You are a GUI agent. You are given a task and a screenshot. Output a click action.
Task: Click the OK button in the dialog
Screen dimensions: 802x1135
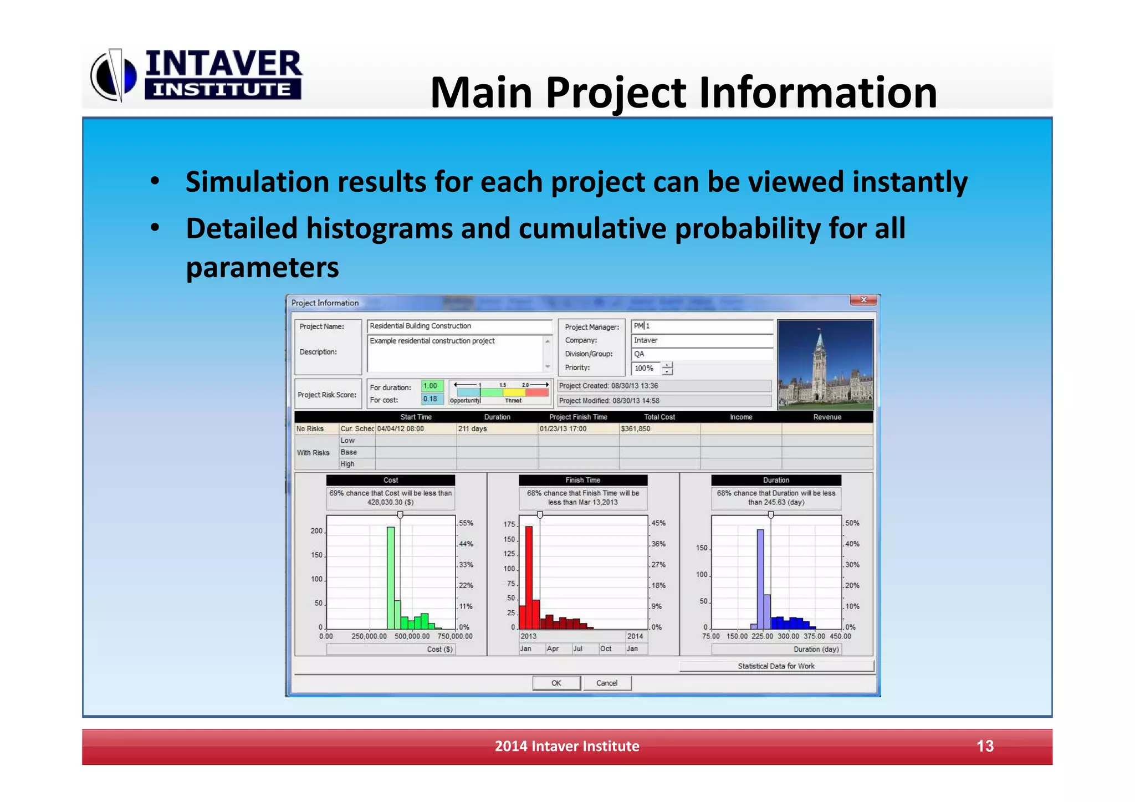pyautogui.click(x=556, y=683)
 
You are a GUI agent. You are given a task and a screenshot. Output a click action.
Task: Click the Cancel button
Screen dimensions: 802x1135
pyautogui.click(x=606, y=683)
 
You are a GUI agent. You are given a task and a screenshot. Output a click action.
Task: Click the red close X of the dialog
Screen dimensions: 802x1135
pyautogui.click(x=863, y=300)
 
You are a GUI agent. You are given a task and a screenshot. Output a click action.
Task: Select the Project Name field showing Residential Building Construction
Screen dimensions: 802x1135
pyautogui.click(x=459, y=326)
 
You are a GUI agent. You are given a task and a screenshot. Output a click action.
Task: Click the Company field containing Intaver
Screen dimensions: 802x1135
pyautogui.click(x=702, y=340)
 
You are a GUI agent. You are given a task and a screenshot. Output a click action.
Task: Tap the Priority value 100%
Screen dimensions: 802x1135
pyautogui.click(x=645, y=368)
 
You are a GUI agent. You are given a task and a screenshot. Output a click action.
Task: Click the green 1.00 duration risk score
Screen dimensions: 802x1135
pyautogui.click(x=431, y=386)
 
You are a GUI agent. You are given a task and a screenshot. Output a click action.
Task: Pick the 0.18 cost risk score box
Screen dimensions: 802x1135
pyautogui.click(x=431, y=399)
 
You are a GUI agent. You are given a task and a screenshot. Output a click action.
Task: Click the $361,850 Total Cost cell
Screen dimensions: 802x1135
pyautogui.click(x=659, y=428)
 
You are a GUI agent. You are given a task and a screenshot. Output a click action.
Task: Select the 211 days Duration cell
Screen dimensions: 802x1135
pyautogui.click(x=496, y=428)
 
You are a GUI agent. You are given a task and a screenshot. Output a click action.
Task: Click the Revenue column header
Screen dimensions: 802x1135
pyautogui.click(x=827, y=417)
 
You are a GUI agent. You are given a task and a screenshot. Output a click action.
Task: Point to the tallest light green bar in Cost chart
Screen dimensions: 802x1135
pyautogui.click(x=391, y=576)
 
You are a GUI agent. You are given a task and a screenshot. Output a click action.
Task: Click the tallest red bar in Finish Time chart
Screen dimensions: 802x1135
pyautogui.click(x=529, y=576)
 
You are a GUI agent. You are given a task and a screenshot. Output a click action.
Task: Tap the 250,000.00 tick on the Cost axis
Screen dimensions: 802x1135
pyautogui.click(x=369, y=636)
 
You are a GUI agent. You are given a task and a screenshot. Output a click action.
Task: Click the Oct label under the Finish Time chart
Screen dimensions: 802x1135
pyautogui.click(x=606, y=648)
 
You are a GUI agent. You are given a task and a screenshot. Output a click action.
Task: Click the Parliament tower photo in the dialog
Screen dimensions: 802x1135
pyautogui.click(x=825, y=364)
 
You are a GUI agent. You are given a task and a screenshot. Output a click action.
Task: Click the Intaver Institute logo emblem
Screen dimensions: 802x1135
pyautogui.click(x=114, y=75)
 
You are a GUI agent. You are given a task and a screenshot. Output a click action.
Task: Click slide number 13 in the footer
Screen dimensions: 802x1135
pyautogui.click(x=985, y=746)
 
